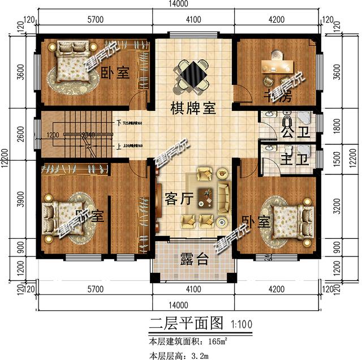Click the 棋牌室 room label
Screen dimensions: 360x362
pos(194,108)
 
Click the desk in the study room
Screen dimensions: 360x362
pos(275,69)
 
